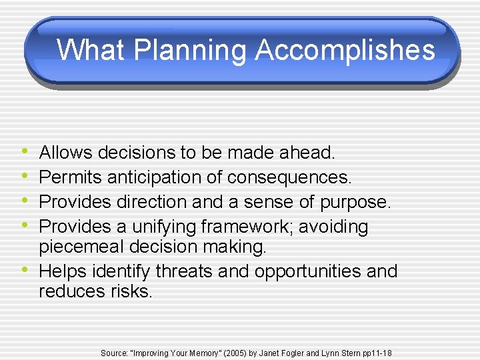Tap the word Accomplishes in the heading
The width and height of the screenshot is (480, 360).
tap(345, 50)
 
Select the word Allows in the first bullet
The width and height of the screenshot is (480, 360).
tap(66, 153)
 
